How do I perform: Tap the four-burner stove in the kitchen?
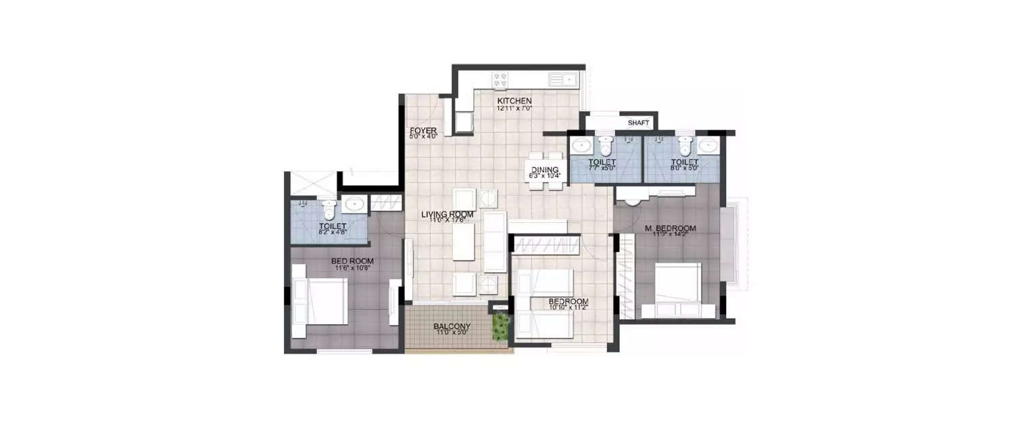point(501,80)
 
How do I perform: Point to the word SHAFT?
point(638,123)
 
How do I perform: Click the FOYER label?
point(423,130)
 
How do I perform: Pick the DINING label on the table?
point(544,170)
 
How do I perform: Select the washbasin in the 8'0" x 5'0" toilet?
point(708,145)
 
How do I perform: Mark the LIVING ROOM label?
point(447,215)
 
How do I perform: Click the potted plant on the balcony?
point(500,327)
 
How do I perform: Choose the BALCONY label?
point(452,327)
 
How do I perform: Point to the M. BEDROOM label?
point(666,229)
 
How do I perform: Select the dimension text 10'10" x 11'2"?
point(568,308)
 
